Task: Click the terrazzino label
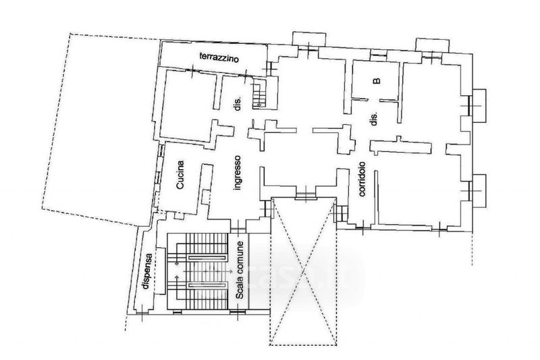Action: (219, 57)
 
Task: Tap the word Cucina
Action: (180, 175)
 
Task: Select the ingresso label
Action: (237, 173)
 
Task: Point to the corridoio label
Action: (362, 179)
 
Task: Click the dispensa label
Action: (146, 271)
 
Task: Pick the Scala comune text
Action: (240, 270)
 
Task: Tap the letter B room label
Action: (377, 81)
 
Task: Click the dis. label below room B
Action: (375, 119)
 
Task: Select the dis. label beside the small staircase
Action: (238, 103)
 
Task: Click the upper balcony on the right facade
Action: (479, 105)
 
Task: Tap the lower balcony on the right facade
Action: (479, 191)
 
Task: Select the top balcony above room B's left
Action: (308, 39)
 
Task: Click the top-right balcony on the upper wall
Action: (432, 45)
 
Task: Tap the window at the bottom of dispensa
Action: (142, 313)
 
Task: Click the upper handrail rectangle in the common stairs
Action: (207, 257)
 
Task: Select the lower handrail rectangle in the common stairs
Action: (207, 285)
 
